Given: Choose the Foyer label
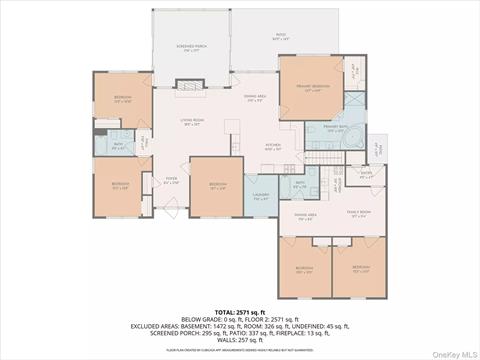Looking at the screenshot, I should click(x=171, y=181).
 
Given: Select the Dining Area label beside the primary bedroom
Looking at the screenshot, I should click(x=256, y=98).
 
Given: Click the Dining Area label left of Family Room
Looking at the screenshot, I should click(x=305, y=215).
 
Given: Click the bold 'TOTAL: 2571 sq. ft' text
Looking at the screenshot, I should click(x=239, y=313).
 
